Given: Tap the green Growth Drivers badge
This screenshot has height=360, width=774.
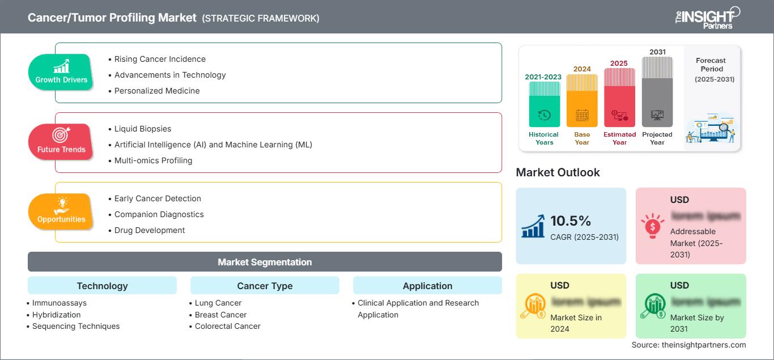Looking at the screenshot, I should tap(61, 72).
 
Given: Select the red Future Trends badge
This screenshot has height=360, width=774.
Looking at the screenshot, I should tap(61, 142).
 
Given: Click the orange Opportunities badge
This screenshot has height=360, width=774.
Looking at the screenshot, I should tap(61, 211).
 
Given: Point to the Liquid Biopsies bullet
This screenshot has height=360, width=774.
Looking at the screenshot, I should tap(142, 129).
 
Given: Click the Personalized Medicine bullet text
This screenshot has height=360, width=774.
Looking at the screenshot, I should tap(156, 91).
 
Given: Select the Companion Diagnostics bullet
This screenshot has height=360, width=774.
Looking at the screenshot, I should tap(159, 214).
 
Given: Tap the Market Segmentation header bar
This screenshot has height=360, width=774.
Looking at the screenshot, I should tap(265, 262).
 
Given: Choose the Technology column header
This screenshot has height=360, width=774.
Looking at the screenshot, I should tap(102, 286).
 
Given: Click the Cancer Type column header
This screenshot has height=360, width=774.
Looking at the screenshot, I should tap(265, 286).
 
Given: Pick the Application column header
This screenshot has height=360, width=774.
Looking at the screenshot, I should tap(427, 286).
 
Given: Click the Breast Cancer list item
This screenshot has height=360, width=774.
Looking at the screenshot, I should tap(220, 315).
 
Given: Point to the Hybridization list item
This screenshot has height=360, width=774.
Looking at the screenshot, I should tap(56, 315).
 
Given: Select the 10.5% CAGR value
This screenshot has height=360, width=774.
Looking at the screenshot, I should tap(571, 221).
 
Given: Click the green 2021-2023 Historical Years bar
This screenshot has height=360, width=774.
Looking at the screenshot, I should tap(544, 105).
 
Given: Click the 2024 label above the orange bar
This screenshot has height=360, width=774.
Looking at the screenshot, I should tap(582, 69).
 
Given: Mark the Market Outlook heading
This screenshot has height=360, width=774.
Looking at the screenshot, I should tap(558, 172).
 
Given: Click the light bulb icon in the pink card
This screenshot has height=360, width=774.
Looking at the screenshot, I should tap(652, 226).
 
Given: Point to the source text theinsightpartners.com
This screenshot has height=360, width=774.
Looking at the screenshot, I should tap(688, 345).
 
